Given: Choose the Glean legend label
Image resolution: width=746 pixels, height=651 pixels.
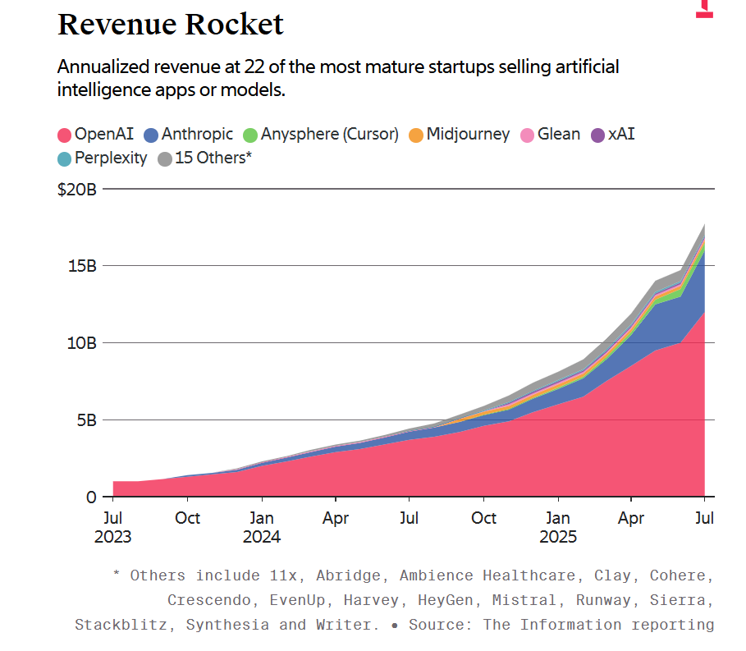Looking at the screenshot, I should pos(559,134).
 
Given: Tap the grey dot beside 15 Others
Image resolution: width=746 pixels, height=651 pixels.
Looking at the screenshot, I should pos(165,158).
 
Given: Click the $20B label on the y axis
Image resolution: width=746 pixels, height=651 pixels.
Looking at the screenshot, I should pos(77,190).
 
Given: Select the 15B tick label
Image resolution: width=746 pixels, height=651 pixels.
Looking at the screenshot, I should pos(83,266).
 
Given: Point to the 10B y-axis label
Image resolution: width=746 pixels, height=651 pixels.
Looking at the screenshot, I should pos(83,342).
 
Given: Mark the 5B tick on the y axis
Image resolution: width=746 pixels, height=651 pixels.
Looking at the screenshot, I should pos(87,419).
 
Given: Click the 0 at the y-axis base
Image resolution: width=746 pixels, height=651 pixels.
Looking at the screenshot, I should pos(93,497).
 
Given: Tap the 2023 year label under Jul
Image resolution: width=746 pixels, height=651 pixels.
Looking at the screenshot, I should pos(113,537).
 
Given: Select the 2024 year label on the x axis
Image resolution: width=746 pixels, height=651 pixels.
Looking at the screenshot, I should pos(262,537).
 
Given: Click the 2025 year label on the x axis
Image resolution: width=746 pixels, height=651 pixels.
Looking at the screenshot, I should pos(558,537).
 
